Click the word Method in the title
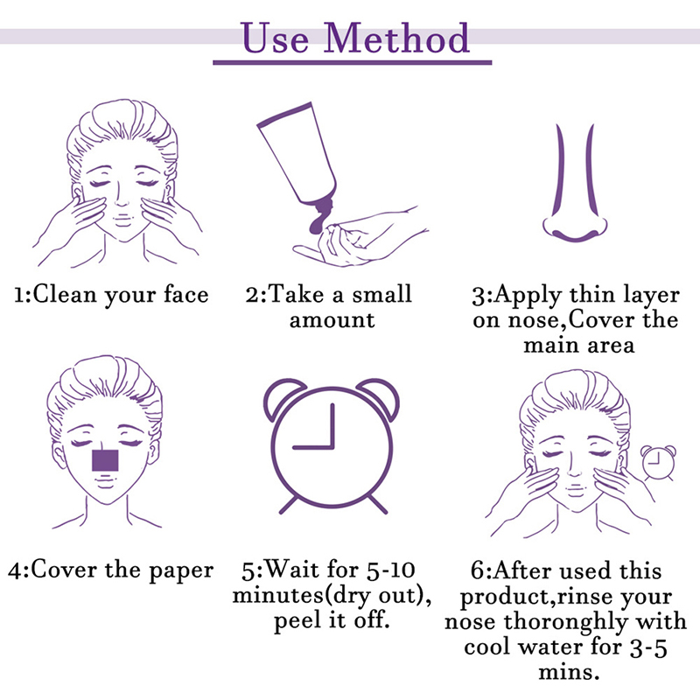tap(396, 38)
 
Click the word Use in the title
tap(275, 38)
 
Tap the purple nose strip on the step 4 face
tap(105, 461)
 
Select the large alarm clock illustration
tap(332, 445)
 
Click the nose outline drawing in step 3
tap(575, 184)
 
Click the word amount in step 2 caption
tap(332, 320)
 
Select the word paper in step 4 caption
tap(181, 571)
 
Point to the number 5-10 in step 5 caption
tap(391, 570)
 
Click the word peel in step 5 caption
tap(298, 621)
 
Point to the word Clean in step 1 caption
tap(65, 295)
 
